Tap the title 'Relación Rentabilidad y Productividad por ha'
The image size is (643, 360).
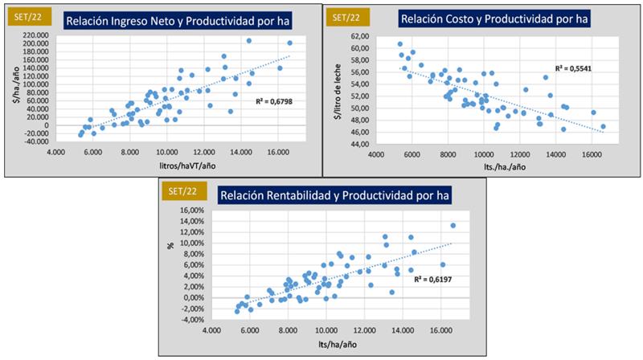[334, 194]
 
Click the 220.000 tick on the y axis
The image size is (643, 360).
[33, 36]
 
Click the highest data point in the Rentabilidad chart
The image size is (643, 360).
[453, 226]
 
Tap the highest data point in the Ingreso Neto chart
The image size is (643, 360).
[249, 40]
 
